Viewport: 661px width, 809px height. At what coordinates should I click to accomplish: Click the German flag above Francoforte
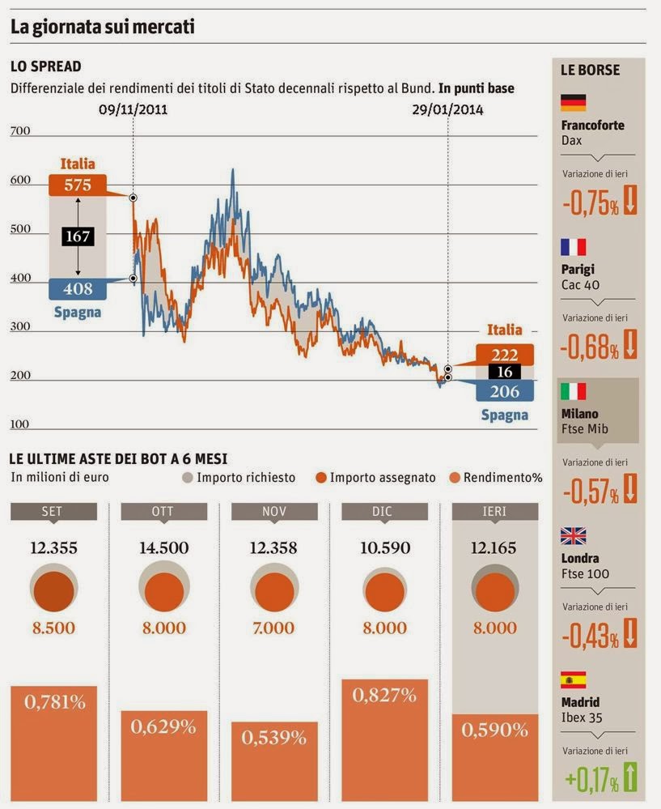[573, 103]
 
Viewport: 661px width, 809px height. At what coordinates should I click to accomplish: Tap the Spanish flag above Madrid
[573, 679]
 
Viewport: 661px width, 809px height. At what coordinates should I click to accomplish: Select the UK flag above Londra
[573, 535]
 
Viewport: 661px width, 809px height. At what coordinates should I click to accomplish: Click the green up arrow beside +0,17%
[630, 779]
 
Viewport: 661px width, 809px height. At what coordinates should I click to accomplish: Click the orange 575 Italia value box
[78, 185]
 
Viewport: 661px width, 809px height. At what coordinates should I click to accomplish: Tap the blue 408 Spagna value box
[78, 288]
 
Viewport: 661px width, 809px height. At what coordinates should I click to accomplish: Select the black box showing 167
[78, 236]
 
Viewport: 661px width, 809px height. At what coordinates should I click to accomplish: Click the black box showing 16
[505, 372]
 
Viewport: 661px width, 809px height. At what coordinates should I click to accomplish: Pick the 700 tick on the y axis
[19, 130]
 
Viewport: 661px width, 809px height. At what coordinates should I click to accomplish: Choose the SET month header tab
[53, 511]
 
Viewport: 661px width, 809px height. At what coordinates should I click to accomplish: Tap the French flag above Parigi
[573, 247]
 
